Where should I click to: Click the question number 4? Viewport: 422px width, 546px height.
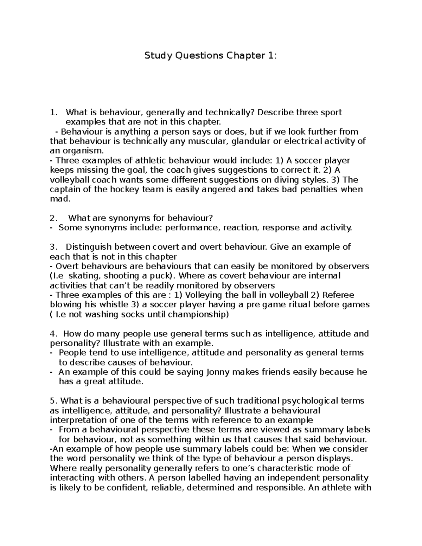tap(53, 333)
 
